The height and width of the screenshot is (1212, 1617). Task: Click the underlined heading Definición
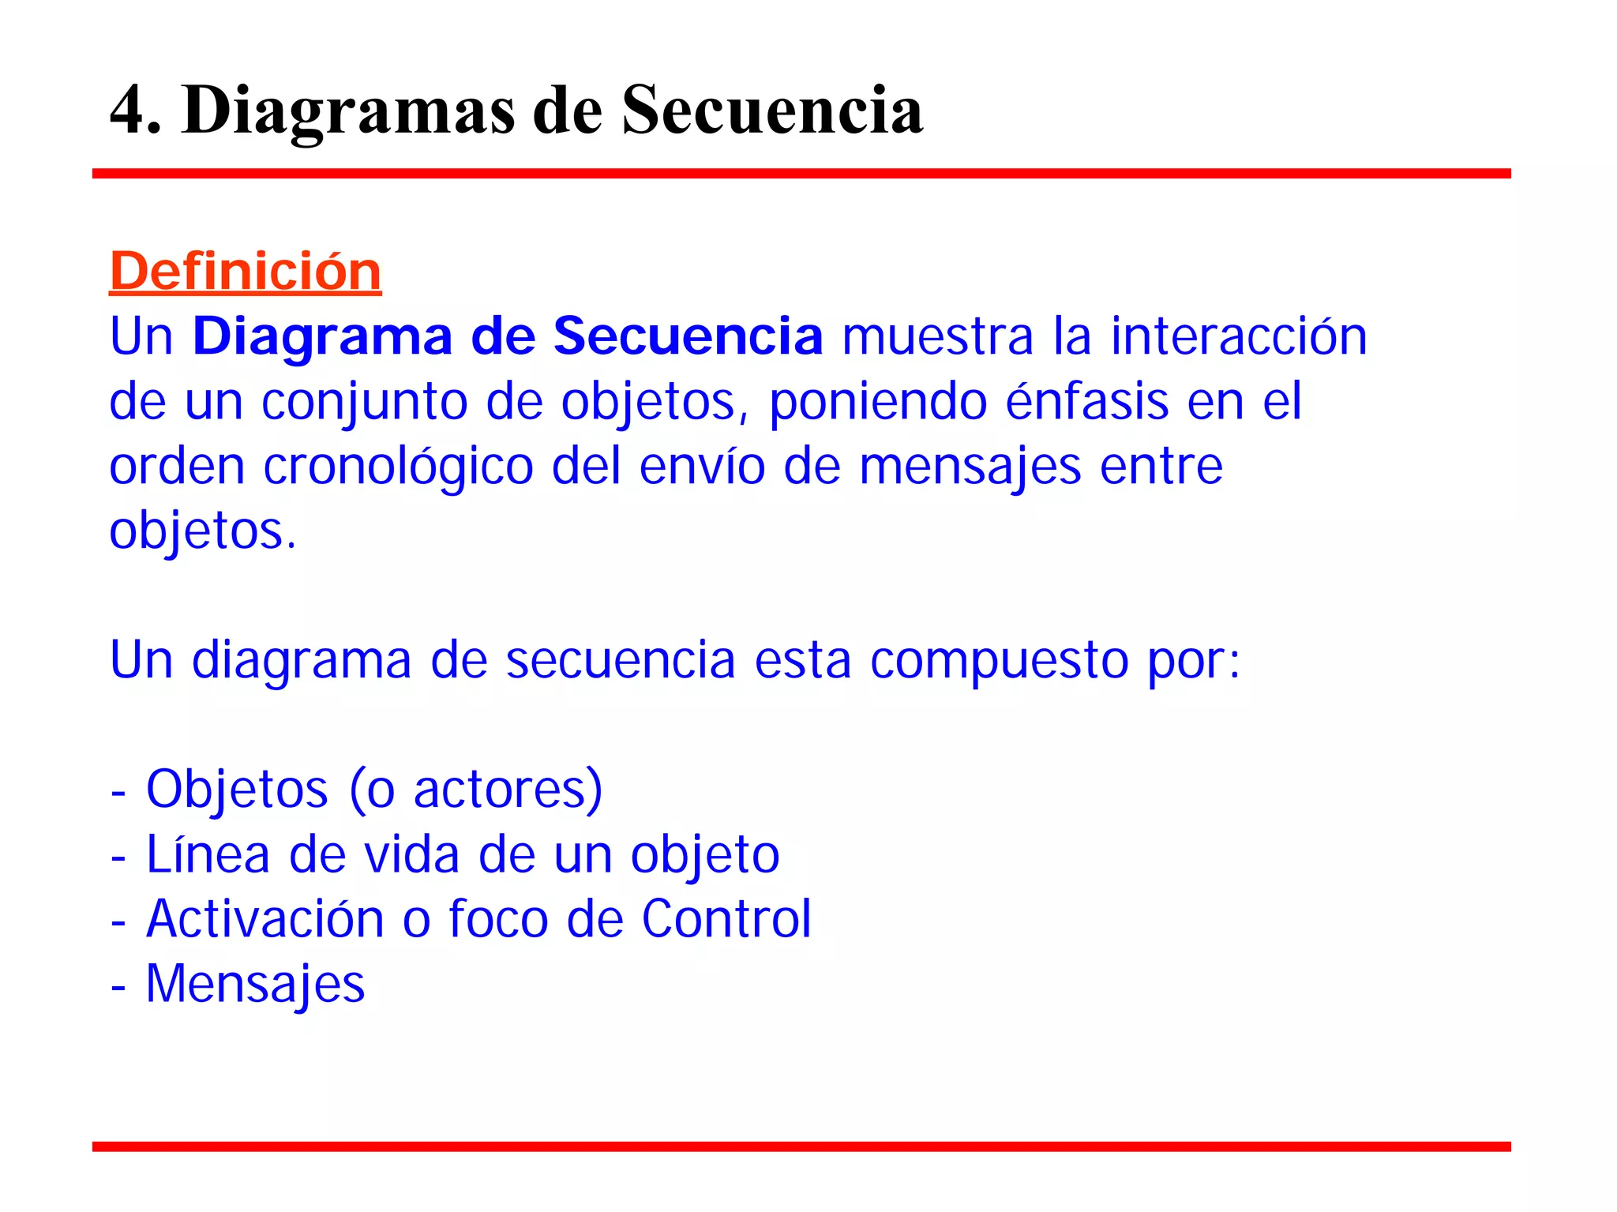245,272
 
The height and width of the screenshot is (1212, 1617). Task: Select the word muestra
937,336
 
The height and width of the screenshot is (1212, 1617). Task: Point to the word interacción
1239,336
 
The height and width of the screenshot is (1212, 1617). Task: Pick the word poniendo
878,403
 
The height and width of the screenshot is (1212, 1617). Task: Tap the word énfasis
1087,401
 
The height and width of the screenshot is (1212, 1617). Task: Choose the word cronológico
398,467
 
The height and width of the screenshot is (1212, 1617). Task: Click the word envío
702,466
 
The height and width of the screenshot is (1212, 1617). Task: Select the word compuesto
999,662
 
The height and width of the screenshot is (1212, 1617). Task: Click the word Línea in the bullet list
208,854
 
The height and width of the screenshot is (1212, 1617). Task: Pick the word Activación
265,919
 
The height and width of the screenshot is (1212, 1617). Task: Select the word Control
726,919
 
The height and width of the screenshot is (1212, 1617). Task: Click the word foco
498,919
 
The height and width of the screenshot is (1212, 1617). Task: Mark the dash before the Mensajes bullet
118,987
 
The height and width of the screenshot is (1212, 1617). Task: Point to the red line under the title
801,174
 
